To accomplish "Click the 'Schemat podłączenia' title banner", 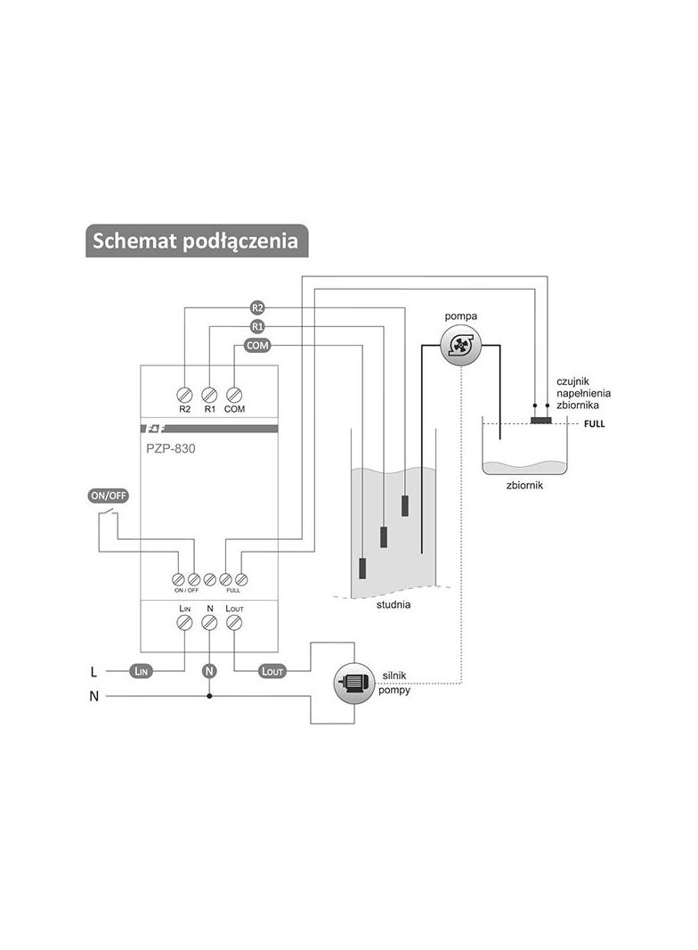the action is click(197, 241).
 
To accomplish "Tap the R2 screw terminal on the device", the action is click(184, 395).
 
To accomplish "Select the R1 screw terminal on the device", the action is click(209, 395).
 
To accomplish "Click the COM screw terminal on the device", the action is click(234, 395).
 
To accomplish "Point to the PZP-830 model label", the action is click(171, 449).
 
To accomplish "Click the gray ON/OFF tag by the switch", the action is click(109, 495).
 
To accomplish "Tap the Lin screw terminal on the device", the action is click(184, 622).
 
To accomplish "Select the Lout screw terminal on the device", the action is click(233, 622).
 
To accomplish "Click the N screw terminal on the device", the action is click(209, 622).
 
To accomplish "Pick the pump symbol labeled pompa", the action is click(460, 346).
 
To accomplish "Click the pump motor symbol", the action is click(354, 683).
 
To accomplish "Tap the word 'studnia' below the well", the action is click(394, 604).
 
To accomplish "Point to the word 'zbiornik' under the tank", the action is click(525, 486).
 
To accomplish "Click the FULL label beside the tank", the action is click(595, 424).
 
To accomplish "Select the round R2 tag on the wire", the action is click(257, 307).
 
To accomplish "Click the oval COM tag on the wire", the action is click(257, 346).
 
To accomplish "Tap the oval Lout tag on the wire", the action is click(272, 671).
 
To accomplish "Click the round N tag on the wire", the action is click(209, 671).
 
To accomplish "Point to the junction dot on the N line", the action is click(209, 696).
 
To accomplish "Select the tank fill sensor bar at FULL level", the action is click(540, 421).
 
